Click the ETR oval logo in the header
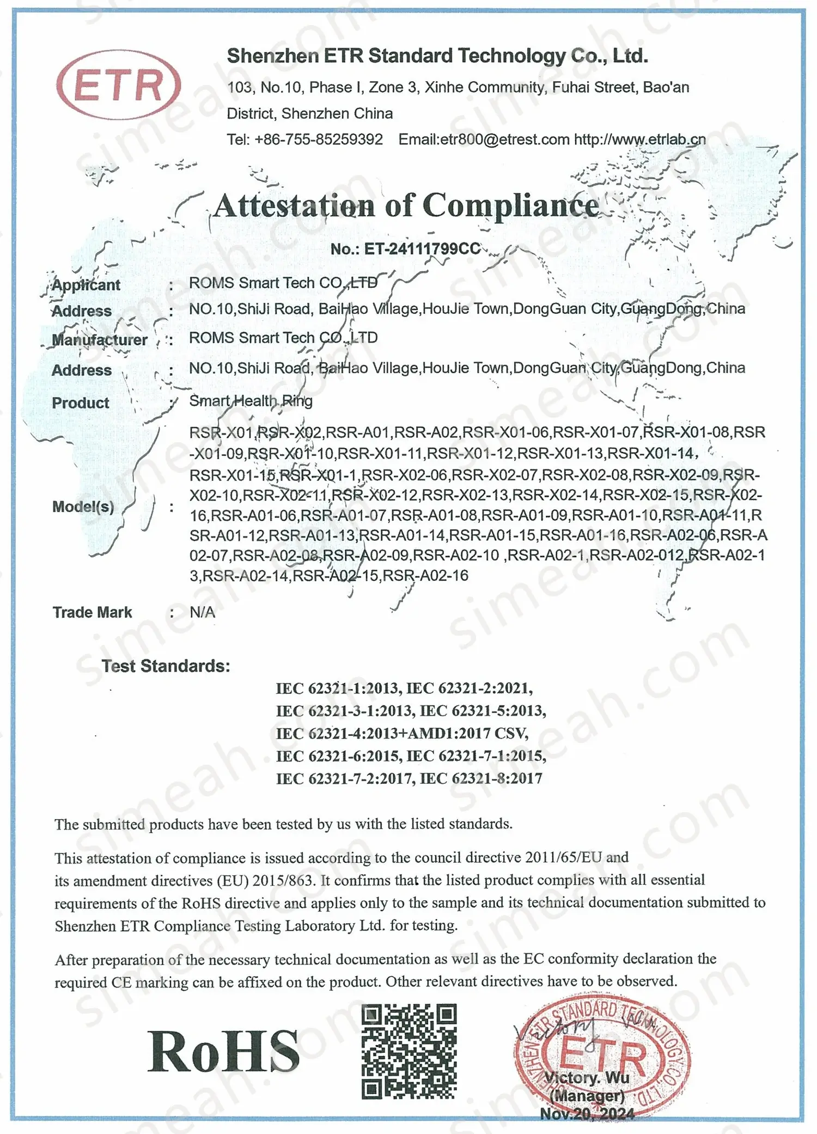point(118,85)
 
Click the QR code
point(408,1051)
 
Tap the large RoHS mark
point(223,1052)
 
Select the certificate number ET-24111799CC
point(406,249)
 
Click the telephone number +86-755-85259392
point(319,139)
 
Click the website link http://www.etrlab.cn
point(640,139)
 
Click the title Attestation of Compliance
point(406,206)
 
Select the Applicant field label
point(86,285)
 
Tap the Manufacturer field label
point(100,340)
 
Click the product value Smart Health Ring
point(251,401)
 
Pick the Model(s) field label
point(83,507)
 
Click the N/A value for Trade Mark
point(202,612)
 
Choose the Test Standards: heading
point(166,666)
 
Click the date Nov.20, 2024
point(587,1114)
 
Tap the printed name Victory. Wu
point(587,1077)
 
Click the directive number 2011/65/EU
point(563,857)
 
